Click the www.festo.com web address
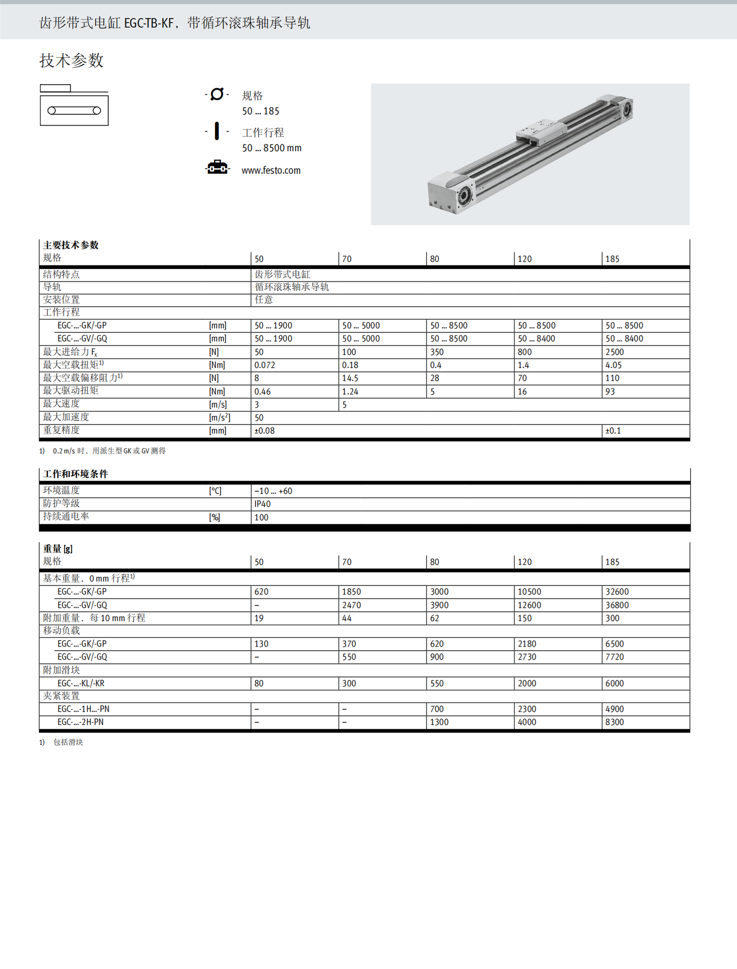click(x=271, y=170)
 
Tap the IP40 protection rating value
click(x=262, y=504)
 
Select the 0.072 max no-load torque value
click(x=265, y=365)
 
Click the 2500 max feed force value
click(x=614, y=352)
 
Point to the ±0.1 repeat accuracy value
click(x=613, y=431)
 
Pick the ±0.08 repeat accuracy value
click(x=264, y=431)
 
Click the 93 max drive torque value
click(x=610, y=392)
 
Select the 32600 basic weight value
click(x=617, y=592)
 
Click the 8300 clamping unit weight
click(x=614, y=722)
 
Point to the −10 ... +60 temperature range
click(x=273, y=491)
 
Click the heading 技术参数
click(x=71, y=61)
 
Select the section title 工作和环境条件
click(x=75, y=474)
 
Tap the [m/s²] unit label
click(x=219, y=418)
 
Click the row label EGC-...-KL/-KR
click(x=81, y=683)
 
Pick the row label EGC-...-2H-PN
click(x=80, y=722)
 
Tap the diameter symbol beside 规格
click(x=217, y=94)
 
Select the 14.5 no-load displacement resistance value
click(x=350, y=378)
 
